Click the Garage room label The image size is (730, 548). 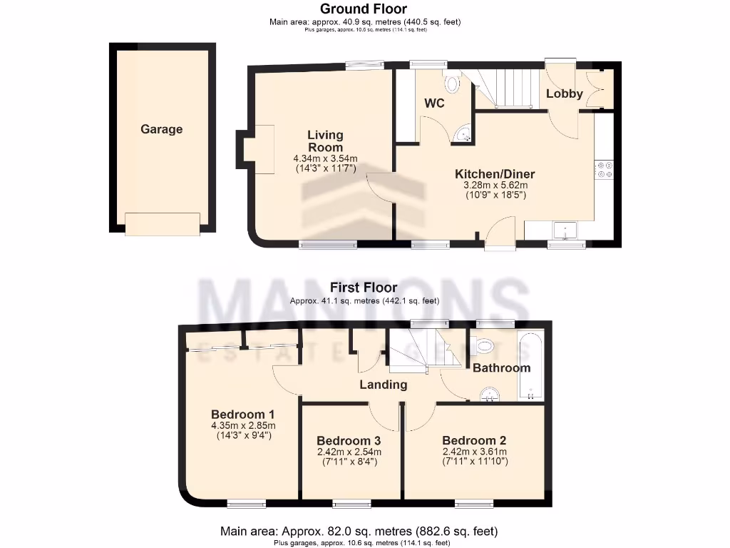click(x=161, y=129)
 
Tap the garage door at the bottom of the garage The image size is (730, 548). click(x=163, y=224)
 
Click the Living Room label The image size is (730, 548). click(x=325, y=141)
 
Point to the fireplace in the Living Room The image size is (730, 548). click(x=259, y=149)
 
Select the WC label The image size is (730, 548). click(x=434, y=103)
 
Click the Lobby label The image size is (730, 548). click(x=565, y=93)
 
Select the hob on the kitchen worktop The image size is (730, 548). click(x=605, y=169)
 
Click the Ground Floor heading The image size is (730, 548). click(x=364, y=9)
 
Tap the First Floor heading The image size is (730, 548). click(x=364, y=288)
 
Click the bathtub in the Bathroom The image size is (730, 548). click(x=530, y=364)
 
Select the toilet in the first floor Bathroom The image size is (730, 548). click(x=485, y=346)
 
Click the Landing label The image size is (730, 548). click(x=383, y=385)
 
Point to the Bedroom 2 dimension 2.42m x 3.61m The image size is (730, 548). click(x=474, y=452)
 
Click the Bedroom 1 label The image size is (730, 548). click(x=243, y=414)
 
